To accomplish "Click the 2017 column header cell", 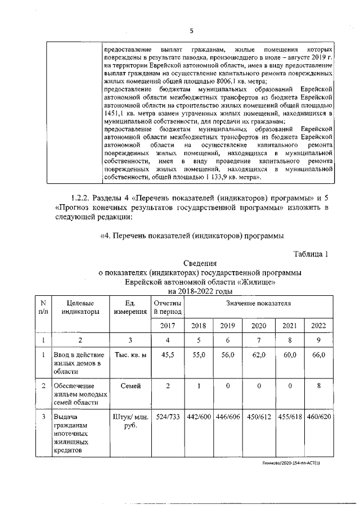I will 168,326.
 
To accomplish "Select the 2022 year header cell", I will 318,326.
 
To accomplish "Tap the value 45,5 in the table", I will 168,355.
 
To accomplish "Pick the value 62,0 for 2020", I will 259,355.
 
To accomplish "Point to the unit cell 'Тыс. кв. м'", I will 130,355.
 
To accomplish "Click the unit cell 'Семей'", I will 130,386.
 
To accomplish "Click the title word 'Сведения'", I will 200,263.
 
